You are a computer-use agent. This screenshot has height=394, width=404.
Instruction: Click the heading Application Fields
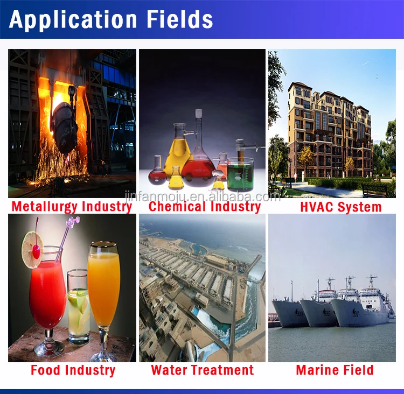[x=111, y=19]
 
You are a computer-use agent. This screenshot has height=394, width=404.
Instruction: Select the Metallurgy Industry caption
[x=71, y=206]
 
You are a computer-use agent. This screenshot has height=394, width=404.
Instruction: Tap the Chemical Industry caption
[x=205, y=206]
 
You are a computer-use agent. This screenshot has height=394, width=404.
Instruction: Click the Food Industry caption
[x=73, y=370]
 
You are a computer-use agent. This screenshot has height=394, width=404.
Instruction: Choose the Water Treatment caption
[x=202, y=370]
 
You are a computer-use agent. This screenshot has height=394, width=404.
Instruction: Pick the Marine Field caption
[x=335, y=370]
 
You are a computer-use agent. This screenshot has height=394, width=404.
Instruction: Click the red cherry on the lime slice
[x=36, y=250]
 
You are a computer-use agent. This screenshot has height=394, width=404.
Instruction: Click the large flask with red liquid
[x=198, y=161]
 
